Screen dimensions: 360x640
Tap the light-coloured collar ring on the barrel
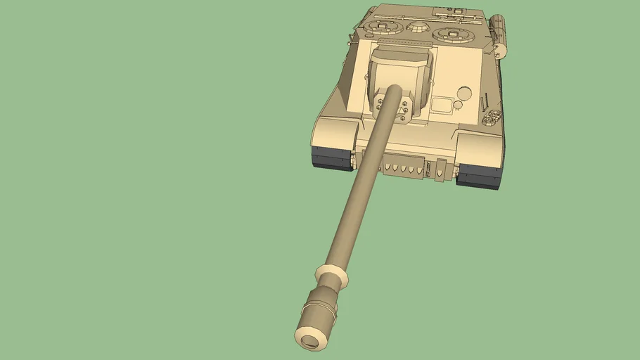pos(332,275)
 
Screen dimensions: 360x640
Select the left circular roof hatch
pos(380,28)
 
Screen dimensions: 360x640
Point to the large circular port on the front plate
pos(463,93)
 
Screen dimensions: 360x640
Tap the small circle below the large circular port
pos(458,105)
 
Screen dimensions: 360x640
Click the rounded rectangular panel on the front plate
pos(440,105)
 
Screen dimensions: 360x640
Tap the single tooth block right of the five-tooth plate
pos(440,170)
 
